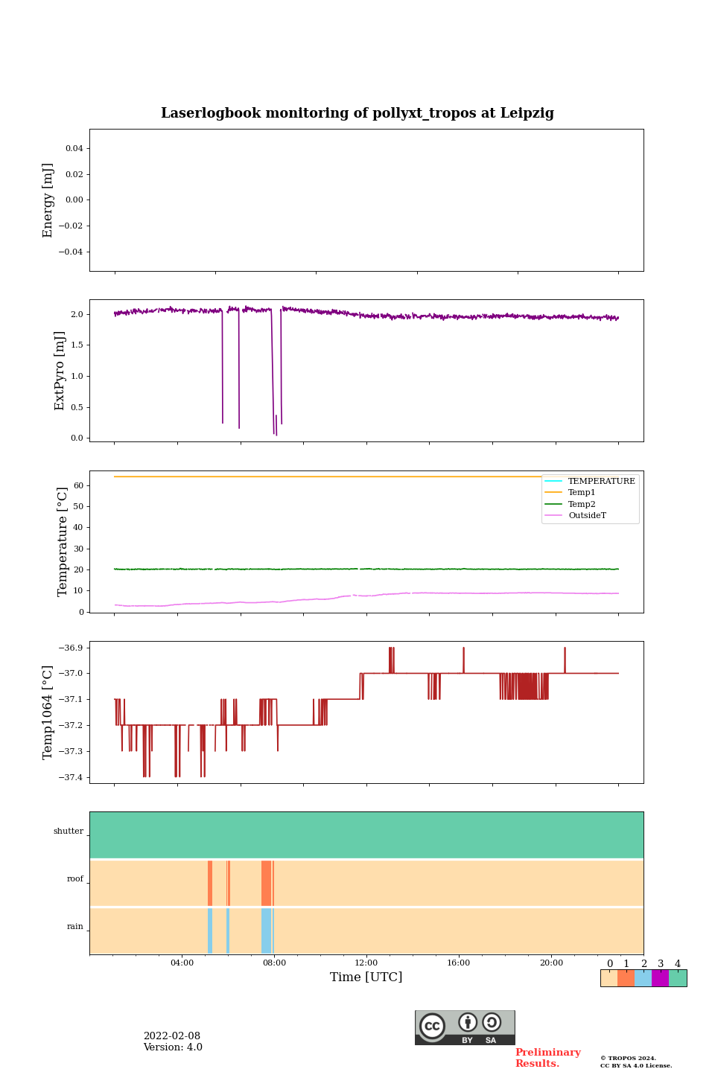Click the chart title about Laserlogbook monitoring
tap(357, 113)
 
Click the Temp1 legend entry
tap(582, 493)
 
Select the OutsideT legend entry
tap(587, 516)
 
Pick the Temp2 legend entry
tap(582, 504)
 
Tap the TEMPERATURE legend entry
tap(601, 482)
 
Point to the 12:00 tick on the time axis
tap(366, 963)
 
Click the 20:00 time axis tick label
tap(551, 963)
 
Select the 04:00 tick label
tap(182, 963)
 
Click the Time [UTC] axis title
tap(366, 977)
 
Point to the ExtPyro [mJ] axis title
tap(60, 371)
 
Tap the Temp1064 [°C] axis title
tap(48, 712)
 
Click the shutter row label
tap(69, 832)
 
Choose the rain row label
tap(75, 927)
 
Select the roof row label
tap(75, 879)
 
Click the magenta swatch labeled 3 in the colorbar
tap(660, 978)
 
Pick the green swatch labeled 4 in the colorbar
tap(678, 978)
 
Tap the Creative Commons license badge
tap(465, 1027)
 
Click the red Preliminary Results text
tap(547, 1058)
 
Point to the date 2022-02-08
tap(172, 1036)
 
